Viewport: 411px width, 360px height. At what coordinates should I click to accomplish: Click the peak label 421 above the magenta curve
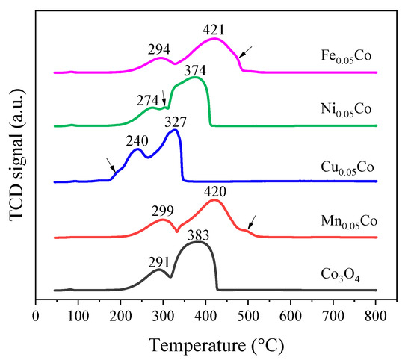click(214, 30)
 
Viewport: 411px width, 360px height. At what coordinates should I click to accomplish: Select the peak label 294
click(159, 49)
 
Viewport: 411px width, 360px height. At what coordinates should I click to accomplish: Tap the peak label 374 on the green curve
click(195, 71)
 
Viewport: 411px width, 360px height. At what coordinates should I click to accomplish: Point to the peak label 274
click(147, 100)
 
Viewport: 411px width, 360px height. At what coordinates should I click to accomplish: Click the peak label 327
click(176, 122)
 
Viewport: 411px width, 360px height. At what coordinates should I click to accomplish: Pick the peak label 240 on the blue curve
click(137, 140)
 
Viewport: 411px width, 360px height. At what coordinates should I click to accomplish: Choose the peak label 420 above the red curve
click(215, 192)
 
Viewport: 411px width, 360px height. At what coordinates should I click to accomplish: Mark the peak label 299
click(162, 211)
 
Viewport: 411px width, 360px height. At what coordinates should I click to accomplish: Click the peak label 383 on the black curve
click(198, 235)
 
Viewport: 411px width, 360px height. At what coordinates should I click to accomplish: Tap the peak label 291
click(159, 262)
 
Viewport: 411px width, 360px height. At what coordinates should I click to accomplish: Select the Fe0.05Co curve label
click(346, 57)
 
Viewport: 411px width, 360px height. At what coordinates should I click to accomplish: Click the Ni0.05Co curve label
click(346, 110)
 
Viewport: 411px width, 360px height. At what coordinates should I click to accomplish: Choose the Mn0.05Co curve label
click(349, 222)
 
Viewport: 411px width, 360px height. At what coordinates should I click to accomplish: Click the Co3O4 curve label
click(340, 276)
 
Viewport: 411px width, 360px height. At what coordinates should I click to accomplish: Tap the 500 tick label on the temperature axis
click(248, 316)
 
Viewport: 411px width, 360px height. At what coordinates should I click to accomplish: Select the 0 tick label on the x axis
click(36, 316)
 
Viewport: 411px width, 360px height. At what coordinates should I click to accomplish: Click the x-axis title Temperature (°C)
click(217, 346)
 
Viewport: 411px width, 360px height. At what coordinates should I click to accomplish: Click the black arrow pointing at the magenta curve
click(246, 52)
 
